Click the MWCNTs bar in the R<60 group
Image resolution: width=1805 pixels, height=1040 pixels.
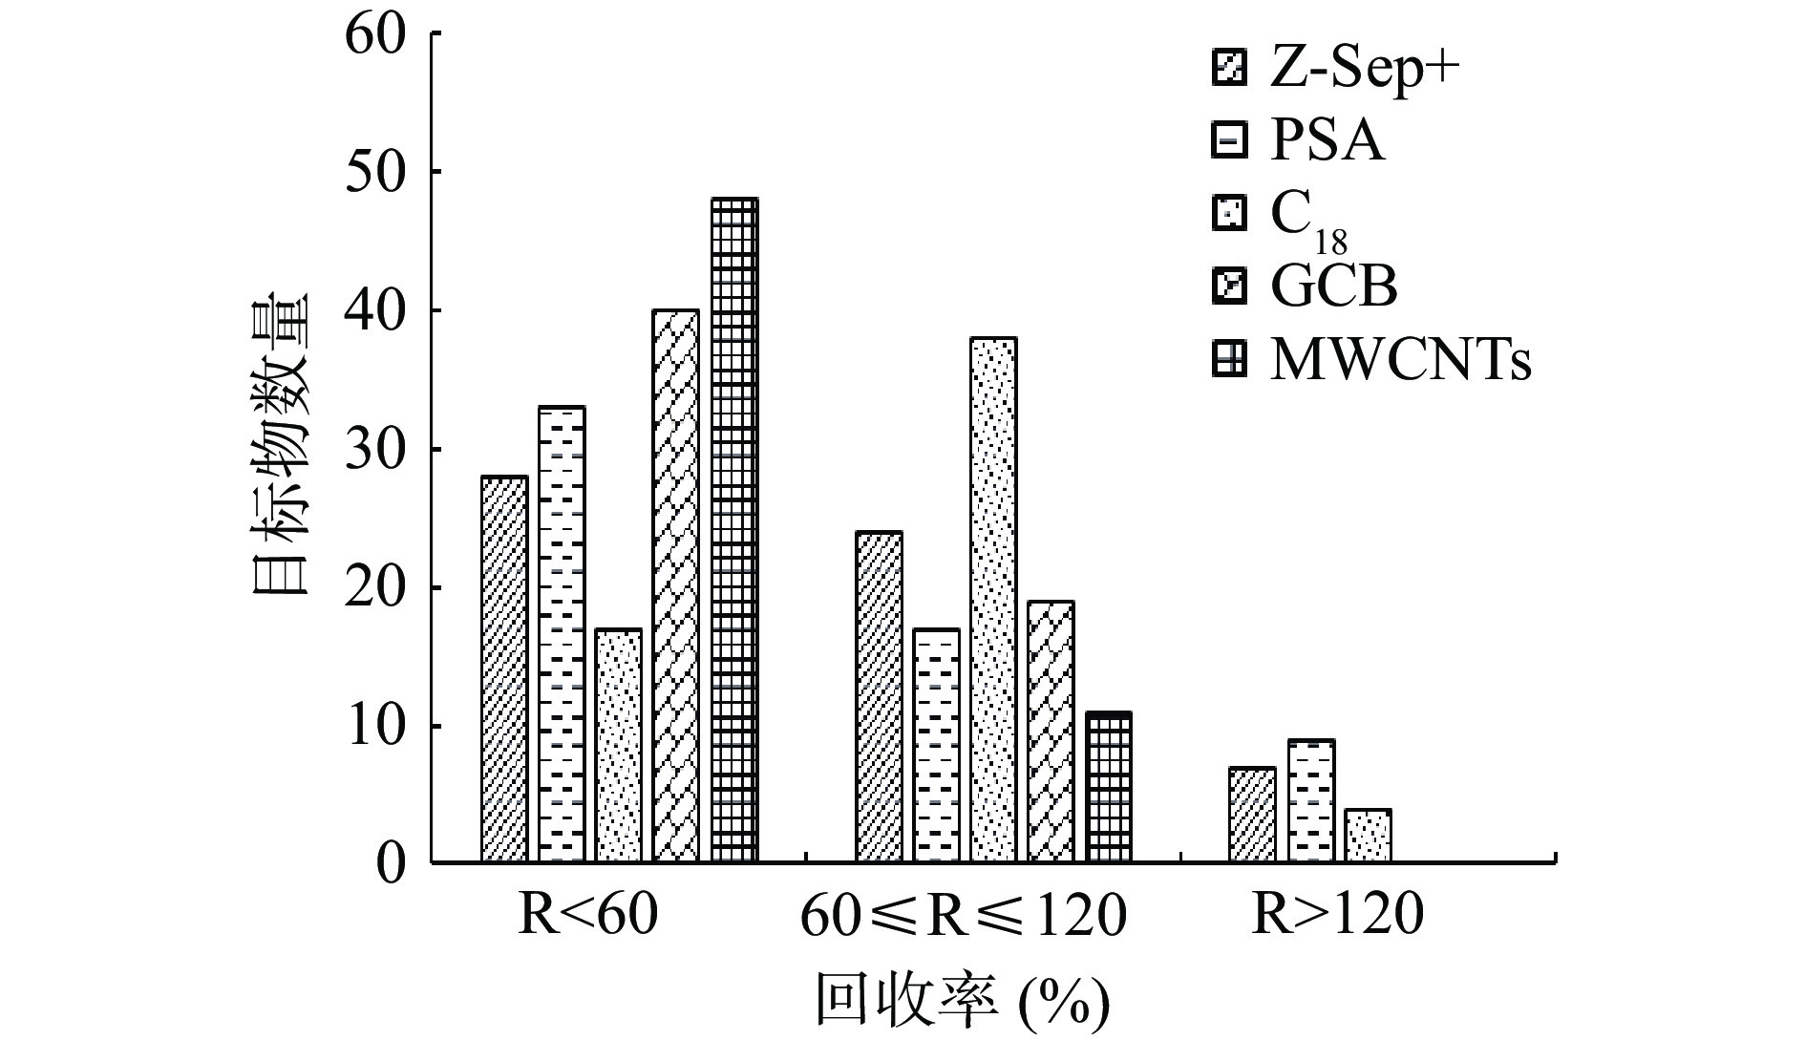click(734, 530)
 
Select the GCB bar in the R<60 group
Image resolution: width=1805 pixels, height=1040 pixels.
click(676, 585)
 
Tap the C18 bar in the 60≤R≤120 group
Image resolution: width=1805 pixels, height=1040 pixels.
click(993, 600)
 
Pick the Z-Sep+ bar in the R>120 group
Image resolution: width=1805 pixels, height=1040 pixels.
click(1252, 815)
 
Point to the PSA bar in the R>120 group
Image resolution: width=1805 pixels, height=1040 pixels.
click(1310, 800)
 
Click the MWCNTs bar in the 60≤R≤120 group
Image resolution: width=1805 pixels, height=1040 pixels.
click(1109, 787)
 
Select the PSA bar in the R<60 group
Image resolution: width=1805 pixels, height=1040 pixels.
click(562, 634)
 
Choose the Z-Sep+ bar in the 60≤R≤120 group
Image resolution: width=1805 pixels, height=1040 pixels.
click(879, 697)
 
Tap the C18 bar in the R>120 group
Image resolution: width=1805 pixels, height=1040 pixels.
click(1368, 836)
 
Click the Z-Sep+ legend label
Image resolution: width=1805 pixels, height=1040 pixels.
click(1365, 70)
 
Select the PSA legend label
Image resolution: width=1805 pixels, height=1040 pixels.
click(1327, 142)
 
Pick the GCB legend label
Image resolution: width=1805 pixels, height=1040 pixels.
click(1333, 287)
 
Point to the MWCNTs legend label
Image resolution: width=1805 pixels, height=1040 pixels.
click(1400, 361)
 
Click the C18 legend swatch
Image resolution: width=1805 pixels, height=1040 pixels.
click(1229, 214)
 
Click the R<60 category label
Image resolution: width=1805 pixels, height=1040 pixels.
click(587, 916)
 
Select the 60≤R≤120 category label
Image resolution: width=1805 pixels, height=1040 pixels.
click(964, 916)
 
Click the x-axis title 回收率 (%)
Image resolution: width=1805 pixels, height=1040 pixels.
click(962, 1000)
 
